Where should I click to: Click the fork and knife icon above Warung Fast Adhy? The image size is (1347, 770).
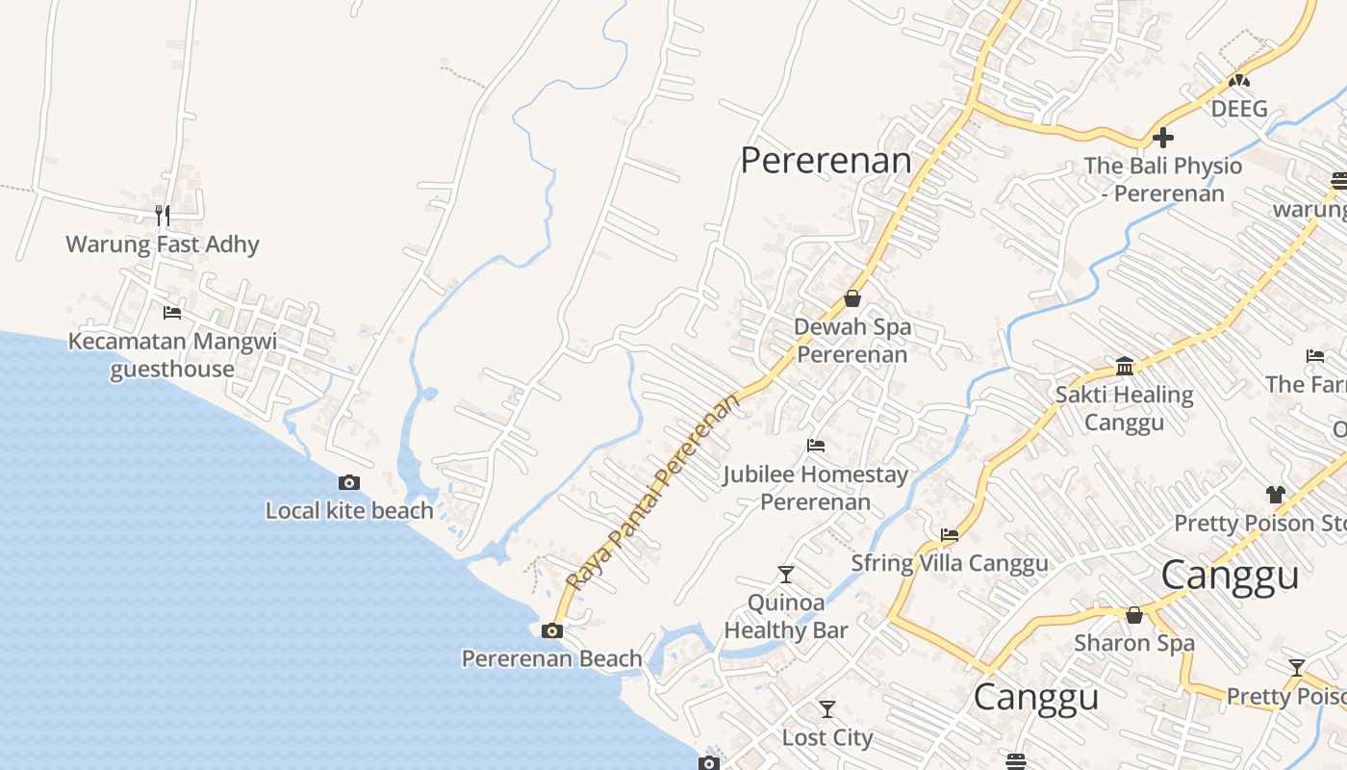pos(163,215)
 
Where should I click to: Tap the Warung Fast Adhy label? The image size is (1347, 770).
pos(163,244)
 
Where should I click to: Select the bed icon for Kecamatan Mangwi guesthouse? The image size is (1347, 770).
pos(172,312)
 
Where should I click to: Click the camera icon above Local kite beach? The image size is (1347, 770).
pos(349,482)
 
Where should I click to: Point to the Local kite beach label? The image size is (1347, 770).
pos(349,510)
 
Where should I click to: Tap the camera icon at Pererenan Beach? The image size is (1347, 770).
pos(552,630)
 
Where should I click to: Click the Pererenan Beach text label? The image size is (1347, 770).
pos(552,658)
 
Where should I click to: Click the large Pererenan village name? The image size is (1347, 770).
pos(826,161)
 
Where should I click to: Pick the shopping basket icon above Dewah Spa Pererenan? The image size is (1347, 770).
pos(851,298)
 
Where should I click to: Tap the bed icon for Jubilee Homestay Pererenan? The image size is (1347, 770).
pos(816,446)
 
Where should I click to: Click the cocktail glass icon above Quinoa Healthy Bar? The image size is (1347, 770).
pos(786,575)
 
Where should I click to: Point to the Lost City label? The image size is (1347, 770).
pos(827,738)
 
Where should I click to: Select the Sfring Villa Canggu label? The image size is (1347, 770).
pos(950,563)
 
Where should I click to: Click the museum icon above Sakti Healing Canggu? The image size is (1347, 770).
pos(1125,366)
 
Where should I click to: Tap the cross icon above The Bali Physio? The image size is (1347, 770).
pos(1163,138)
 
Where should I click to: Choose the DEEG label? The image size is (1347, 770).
pos(1239,109)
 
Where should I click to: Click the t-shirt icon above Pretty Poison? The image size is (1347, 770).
pos(1276,495)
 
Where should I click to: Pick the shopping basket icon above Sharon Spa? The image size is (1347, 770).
pos(1134,614)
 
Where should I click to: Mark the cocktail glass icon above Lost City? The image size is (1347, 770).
pos(827,709)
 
